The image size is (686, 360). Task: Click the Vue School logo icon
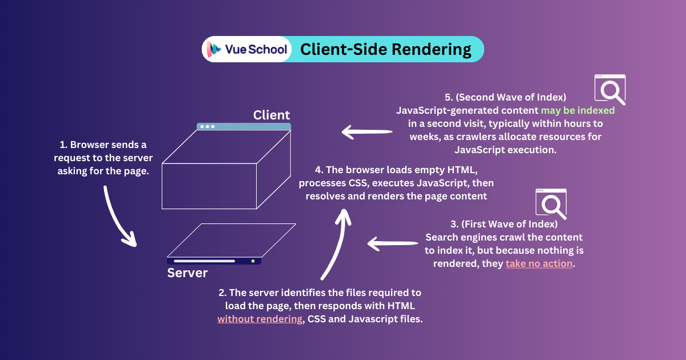(x=214, y=49)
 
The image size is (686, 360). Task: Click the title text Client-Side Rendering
(x=386, y=50)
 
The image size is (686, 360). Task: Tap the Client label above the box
(x=272, y=115)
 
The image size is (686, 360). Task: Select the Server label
(x=188, y=273)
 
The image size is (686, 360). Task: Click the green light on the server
(x=253, y=261)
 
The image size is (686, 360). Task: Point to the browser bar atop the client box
(x=244, y=126)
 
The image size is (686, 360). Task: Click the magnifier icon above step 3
(x=551, y=204)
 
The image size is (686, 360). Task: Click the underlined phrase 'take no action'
(x=539, y=263)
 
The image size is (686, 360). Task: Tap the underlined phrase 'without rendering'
(x=260, y=319)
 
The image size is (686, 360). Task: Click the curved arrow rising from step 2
(x=337, y=246)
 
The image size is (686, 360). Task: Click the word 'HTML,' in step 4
(x=474, y=170)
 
